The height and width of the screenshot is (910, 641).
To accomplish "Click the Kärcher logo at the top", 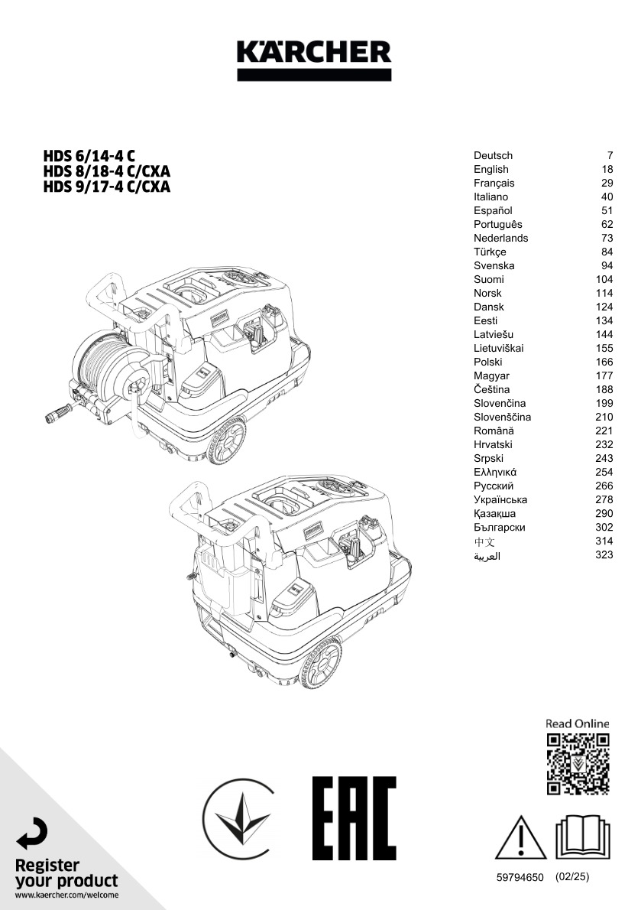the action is pos(314,60).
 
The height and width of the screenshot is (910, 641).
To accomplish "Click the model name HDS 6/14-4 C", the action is pos(89,156).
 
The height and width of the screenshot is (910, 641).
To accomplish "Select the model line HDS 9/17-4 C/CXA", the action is pos(107,187).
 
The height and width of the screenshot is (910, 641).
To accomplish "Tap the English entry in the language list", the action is pos(491,170).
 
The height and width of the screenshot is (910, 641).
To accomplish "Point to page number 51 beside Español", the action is pos(607,210).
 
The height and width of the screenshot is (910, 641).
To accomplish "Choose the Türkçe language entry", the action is pos(490,252).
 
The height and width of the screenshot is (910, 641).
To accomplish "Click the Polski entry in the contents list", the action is pos(488,362).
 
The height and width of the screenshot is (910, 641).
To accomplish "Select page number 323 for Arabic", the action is pos(604,555).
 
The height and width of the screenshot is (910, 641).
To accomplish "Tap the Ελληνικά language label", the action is pos(495,473).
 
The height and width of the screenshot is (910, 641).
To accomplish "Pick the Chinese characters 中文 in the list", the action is pos(484,542).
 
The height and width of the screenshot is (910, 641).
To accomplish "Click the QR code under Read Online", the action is pos(578,764).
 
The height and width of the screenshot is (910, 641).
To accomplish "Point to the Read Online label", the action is pos(578,723).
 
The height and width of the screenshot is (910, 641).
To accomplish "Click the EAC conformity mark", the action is pos(354,819).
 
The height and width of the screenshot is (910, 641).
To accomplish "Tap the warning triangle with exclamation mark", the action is pos(520,837).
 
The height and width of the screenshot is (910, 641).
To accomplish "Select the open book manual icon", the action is pos(582,837).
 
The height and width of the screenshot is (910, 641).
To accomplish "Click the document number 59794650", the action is pos(520,878).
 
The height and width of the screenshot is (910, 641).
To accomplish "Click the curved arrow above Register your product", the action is pos(32,834).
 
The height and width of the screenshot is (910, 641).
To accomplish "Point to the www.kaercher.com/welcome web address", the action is pos(66,895).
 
